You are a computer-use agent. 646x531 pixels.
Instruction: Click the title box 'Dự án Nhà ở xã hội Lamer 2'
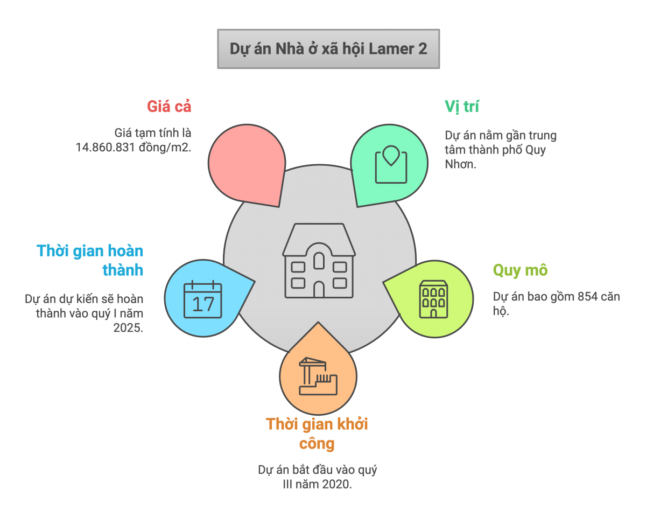(328, 49)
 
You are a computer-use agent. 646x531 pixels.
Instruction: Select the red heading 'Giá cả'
(169, 107)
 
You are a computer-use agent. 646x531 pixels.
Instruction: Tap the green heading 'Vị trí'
(462, 107)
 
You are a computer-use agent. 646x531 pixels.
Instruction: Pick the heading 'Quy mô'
(520, 270)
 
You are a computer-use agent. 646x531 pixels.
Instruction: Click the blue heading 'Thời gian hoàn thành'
(91, 260)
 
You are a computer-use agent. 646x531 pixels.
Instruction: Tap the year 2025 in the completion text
(128, 327)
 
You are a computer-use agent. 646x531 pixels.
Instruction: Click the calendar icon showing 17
(203, 301)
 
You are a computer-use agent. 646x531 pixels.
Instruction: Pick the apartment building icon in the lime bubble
(434, 298)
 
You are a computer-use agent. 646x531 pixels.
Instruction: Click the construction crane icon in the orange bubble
(318, 376)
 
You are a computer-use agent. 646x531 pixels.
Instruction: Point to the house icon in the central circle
(319, 260)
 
